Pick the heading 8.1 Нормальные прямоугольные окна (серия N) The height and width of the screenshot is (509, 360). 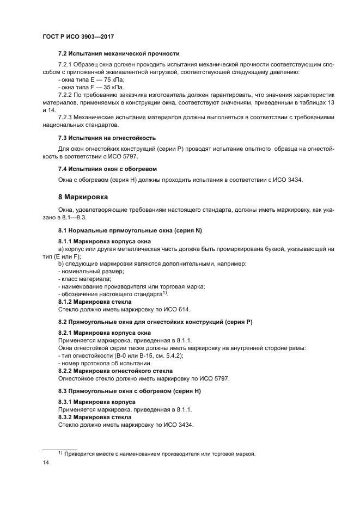click(130, 231)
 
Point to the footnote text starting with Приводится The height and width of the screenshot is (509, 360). click(160, 454)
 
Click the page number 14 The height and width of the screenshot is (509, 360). click(46, 463)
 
